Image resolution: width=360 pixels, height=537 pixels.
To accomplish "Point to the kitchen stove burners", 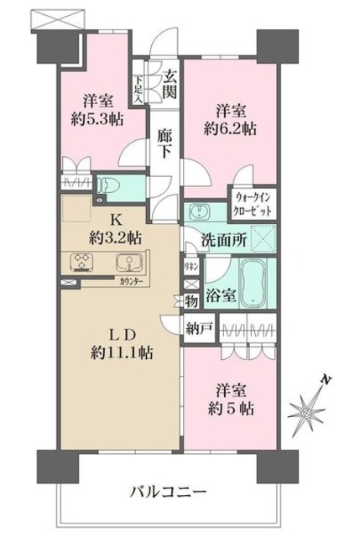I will click(83, 261).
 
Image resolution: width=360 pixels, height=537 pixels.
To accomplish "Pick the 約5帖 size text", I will click(235, 409).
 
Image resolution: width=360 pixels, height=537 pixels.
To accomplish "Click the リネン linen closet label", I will click(191, 266).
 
